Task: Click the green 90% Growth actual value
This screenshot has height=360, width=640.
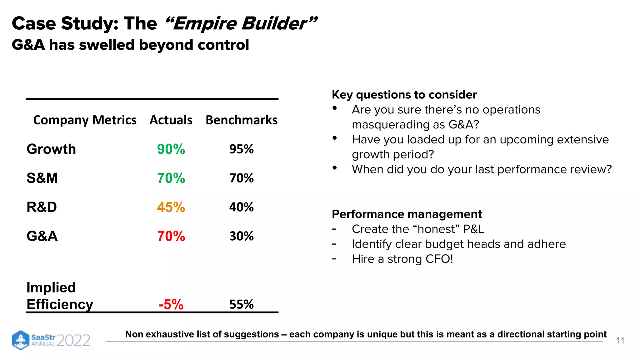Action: point(171,149)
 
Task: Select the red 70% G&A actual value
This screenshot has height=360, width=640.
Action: point(171,236)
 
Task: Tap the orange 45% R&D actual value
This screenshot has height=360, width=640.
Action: point(171,207)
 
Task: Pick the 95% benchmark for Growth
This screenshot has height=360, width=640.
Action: point(241,149)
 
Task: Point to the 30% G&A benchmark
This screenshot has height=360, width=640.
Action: point(241,236)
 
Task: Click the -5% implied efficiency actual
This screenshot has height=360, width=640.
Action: point(171,304)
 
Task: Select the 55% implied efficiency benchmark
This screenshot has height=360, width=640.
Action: point(241,304)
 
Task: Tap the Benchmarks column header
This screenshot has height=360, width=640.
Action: point(241,120)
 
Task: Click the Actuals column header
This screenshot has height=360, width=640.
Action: point(171,120)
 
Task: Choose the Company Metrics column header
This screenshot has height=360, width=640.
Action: point(85,120)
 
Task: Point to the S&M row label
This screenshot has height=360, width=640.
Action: point(42,178)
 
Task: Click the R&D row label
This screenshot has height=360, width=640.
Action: point(42,207)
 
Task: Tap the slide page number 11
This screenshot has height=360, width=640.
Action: point(620,341)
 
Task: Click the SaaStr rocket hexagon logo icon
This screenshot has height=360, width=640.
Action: point(21,340)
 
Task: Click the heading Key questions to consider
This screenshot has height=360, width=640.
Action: point(404,95)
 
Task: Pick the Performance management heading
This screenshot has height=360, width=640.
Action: point(407,214)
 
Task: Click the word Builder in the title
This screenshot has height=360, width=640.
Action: point(274,24)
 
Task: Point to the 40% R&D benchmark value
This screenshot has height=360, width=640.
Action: point(241,207)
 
